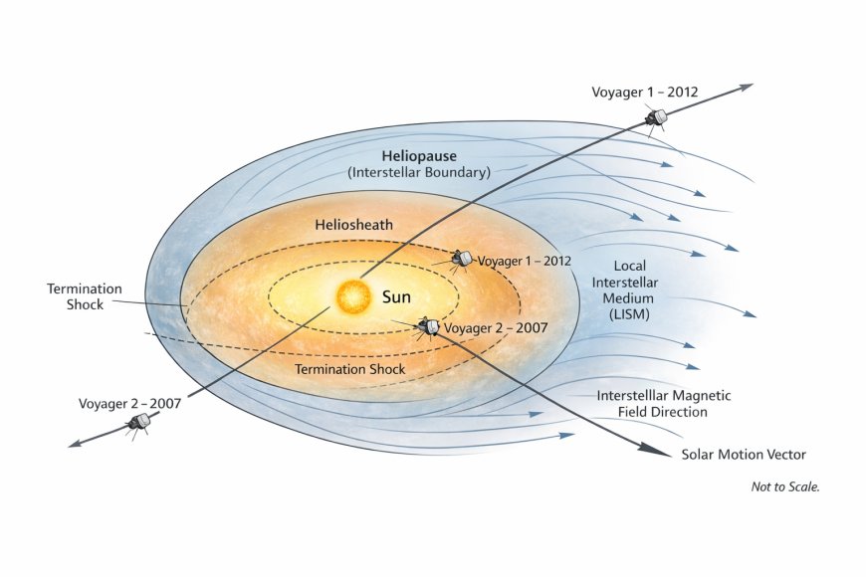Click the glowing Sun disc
pyautogui.click(x=354, y=296)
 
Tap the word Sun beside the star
pyautogui.click(x=396, y=297)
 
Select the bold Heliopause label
pyautogui.click(x=419, y=156)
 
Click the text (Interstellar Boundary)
pyautogui.click(x=419, y=172)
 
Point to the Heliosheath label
pyautogui.click(x=354, y=225)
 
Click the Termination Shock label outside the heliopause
pyautogui.click(x=85, y=296)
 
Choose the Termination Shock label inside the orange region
pyautogui.click(x=350, y=369)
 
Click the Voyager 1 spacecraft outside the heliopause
pyautogui.click(x=656, y=118)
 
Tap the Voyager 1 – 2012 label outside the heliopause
pyautogui.click(x=645, y=92)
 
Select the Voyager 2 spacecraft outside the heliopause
pyautogui.click(x=138, y=424)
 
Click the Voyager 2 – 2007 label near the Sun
pyautogui.click(x=496, y=328)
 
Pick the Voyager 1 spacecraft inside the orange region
pyautogui.click(x=462, y=258)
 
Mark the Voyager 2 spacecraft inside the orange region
pyautogui.click(x=428, y=326)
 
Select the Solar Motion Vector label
pyautogui.click(x=744, y=455)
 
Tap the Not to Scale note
pyautogui.click(x=785, y=486)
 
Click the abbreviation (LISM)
pyautogui.click(x=630, y=314)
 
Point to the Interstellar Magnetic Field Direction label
pyautogui.click(x=663, y=404)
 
